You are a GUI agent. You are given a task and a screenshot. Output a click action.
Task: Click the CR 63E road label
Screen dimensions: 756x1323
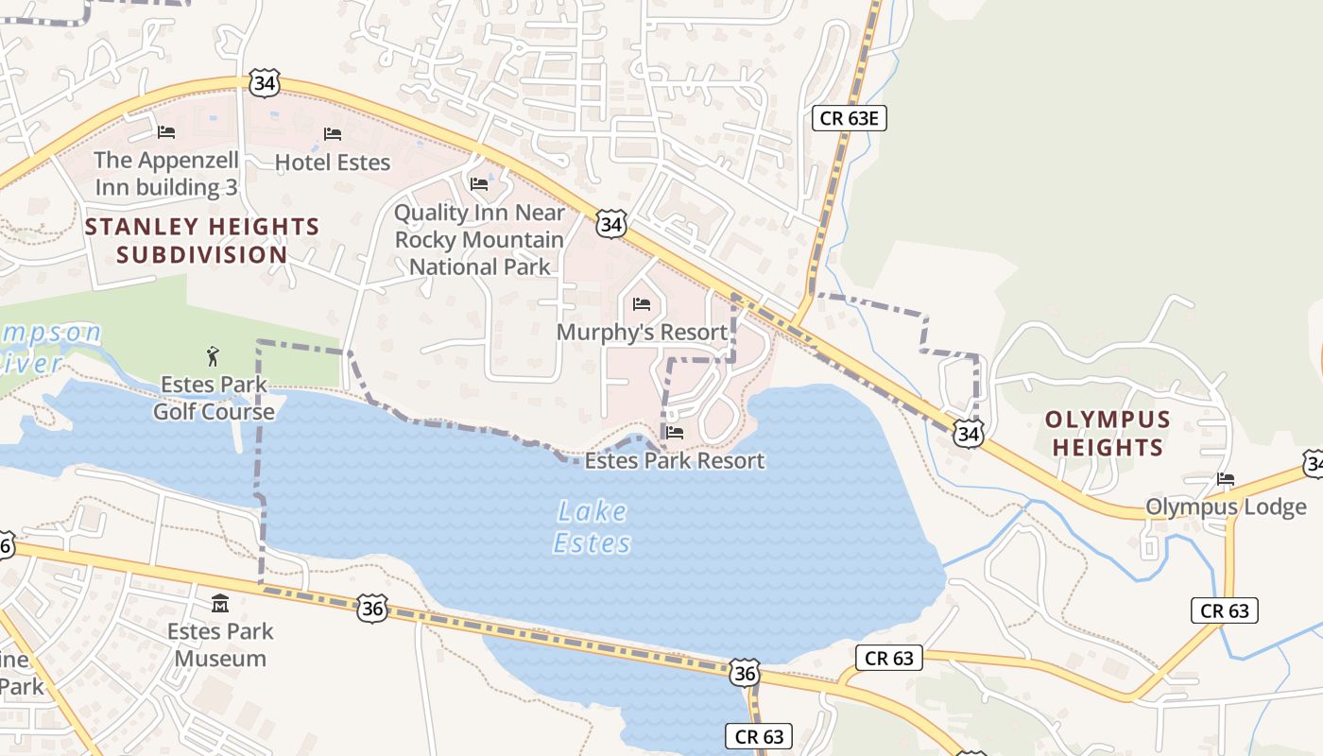pyautogui.click(x=850, y=118)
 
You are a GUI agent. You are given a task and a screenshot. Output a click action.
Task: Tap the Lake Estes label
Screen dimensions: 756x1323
pyautogui.click(x=592, y=527)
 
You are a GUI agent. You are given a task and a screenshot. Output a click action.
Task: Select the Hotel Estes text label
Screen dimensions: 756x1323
pyautogui.click(x=332, y=163)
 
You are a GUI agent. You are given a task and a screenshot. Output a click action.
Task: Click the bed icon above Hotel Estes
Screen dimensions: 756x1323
pyautogui.click(x=332, y=134)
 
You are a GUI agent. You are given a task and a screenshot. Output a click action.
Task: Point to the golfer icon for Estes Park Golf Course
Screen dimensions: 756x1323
pyautogui.click(x=213, y=357)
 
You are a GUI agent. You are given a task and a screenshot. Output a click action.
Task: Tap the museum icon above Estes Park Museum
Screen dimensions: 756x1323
pyautogui.click(x=220, y=603)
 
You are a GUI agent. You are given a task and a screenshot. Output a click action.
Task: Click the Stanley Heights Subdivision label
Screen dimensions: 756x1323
pyautogui.click(x=202, y=240)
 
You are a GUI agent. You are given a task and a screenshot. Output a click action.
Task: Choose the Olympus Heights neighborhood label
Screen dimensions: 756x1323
pyautogui.click(x=1108, y=433)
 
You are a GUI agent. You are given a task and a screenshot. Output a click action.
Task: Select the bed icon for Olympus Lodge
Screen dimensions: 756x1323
pyautogui.click(x=1226, y=479)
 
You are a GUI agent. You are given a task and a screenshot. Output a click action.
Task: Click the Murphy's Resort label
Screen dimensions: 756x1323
pyautogui.click(x=642, y=332)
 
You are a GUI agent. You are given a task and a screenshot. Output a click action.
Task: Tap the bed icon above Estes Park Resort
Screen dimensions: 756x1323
pyautogui.click(x=674, y=433)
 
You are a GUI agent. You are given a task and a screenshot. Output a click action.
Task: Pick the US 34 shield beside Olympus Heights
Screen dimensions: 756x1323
pyautogui.click(x=968, y=434)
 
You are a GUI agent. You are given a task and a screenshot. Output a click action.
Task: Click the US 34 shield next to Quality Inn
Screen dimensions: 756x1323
pyautogui.click(x=611, y=225)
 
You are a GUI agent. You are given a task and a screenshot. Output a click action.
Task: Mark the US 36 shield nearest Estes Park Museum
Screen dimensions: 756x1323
pyautogui.click(x=372, y=609)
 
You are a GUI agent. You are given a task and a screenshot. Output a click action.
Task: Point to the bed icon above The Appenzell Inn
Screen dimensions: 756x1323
pyautogui.click(x=166, y=131)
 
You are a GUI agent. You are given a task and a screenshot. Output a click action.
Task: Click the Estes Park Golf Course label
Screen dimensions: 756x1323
pyautogui.click(x=214, y=398)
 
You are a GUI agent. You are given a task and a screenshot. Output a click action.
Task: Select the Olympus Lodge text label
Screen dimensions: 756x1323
pyautogui.click(x=1226, y=507)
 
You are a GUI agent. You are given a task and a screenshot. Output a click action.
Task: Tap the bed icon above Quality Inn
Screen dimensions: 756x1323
pyautogui.click(x=479, y=183)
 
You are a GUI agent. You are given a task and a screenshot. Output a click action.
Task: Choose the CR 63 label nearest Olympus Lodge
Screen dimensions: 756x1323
pyautogui.click(x=1225, y=610)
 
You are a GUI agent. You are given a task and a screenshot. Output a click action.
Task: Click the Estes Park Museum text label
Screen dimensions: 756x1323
pyautogui.click(x=220, y=644)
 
